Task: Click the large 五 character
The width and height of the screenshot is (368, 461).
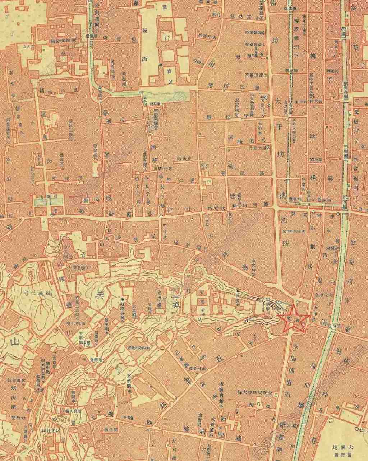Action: point(220,358)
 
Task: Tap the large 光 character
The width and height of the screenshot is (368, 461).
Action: point(107,153)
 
